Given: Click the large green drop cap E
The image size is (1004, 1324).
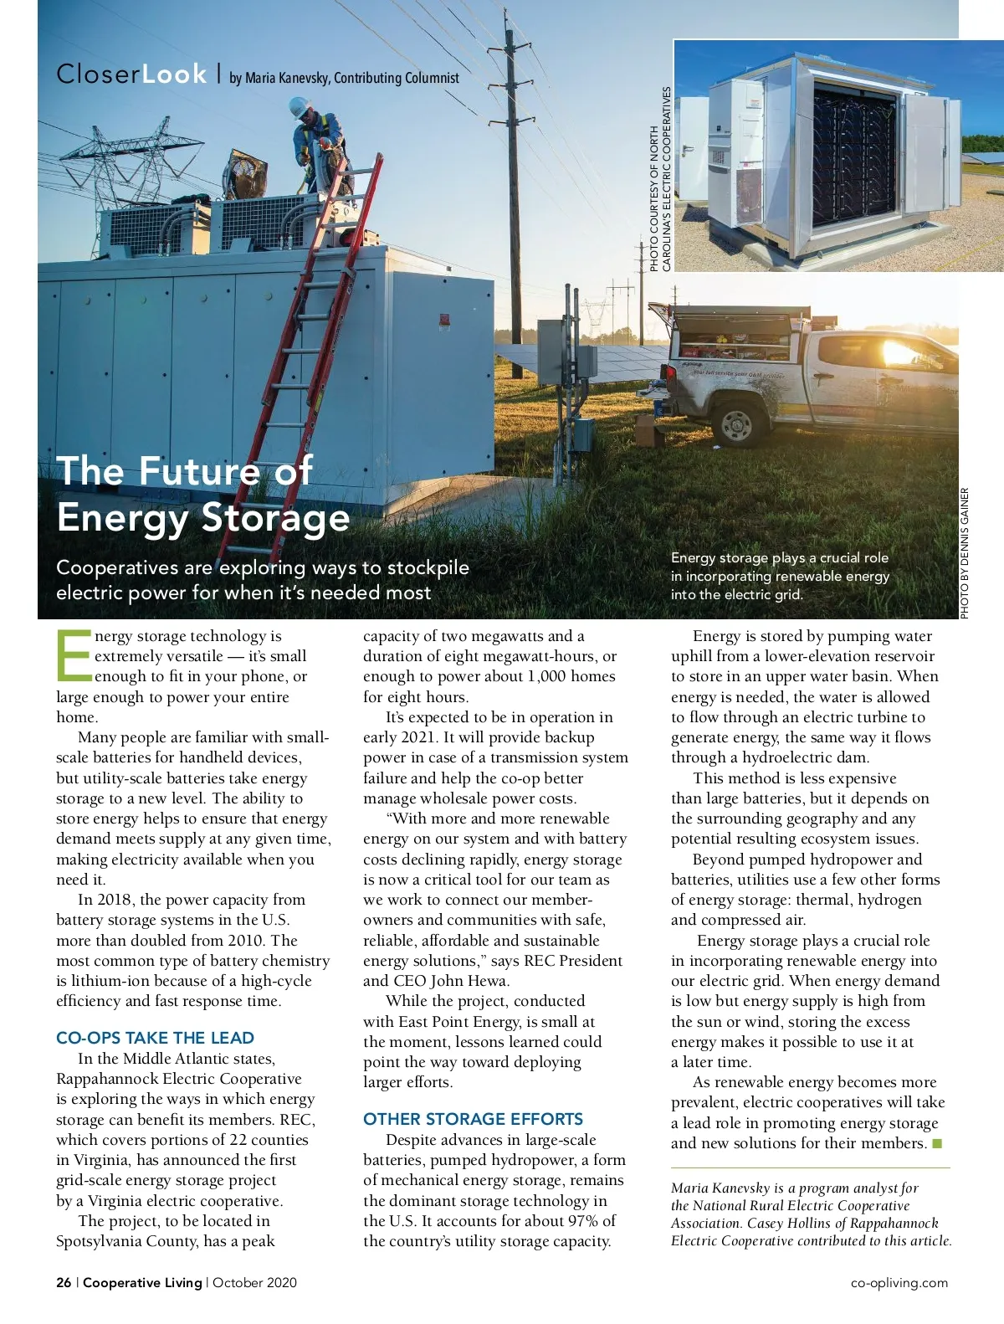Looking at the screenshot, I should click(x=74, y=655).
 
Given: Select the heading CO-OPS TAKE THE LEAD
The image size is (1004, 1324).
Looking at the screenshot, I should click(x=155, y=1038).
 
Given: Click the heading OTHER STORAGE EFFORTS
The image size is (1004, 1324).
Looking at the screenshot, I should click(x=473, y=1119).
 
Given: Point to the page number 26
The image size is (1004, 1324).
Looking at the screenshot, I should click(x=64, y=1282).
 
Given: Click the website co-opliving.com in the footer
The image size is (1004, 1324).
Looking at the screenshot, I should click(x=899, y=1282).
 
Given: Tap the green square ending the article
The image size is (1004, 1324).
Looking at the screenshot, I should click(x=937, y=1143).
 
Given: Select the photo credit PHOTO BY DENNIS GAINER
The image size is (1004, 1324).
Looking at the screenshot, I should click(x=965, y=553).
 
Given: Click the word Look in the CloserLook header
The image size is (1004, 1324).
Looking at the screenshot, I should click(x=174, y=74).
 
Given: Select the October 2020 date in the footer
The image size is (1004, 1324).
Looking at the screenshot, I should click(x=254, y=1282).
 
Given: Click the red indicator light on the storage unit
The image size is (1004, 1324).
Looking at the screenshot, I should click(x=445, y=318).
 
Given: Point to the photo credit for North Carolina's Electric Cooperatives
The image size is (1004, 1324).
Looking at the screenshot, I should click(x=660, y=179).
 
